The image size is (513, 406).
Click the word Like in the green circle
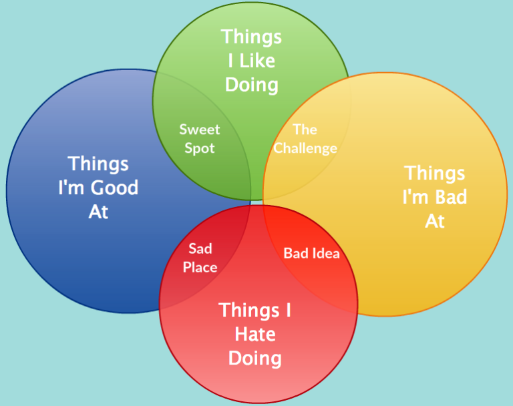click(257, 61)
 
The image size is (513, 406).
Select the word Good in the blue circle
click(114, 188)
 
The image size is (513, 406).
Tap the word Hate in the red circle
click(255, 335)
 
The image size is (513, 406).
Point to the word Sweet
click(200, 130)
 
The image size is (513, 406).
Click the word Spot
click(200, 148)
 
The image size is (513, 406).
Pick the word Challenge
click(305, 148)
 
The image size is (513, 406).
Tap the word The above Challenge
click(305, 130)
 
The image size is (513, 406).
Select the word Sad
click(200, 248)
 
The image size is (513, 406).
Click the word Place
click(200, 268)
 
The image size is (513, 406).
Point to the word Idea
click(326, 254)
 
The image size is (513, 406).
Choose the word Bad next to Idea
click(297, 254)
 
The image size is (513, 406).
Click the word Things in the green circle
click(251, 37)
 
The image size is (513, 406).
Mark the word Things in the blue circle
click(98, 164)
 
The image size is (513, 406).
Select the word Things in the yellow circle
click(434, 174)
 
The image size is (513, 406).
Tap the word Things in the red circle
click(248, 311)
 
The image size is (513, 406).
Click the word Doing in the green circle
click(252, 85)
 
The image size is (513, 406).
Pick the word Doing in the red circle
click(255, 359)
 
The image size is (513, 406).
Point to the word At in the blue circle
click(98, 212)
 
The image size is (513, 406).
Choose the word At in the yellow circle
click(435, 222)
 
